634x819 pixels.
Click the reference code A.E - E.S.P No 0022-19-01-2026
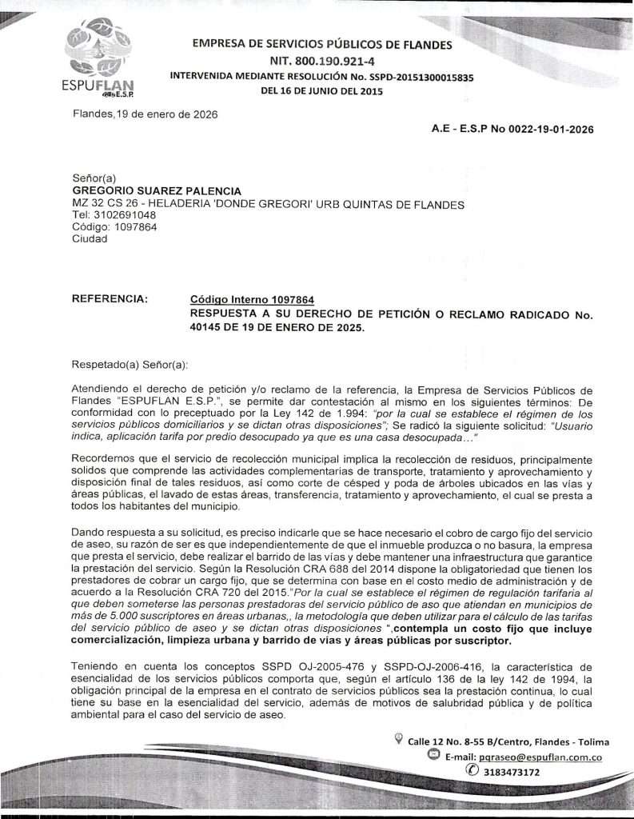pos(512,129)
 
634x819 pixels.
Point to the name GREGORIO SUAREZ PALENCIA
pos(157,191)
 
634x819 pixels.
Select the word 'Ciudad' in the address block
pos(90,238)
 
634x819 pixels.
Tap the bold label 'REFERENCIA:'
pos(110,299)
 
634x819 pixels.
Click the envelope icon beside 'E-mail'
pos(433,755)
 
